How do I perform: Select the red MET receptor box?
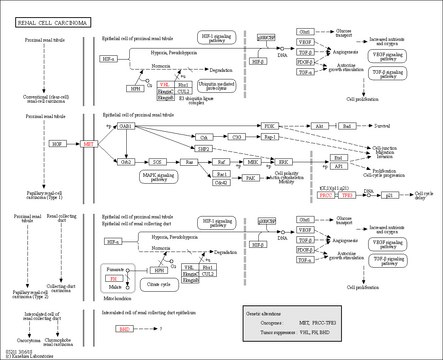pyautogui.click(x=88, y=144)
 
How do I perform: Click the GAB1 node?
pyautogui.click(x=126, y=127)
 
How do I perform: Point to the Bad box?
pyautogui.click(x=346, y=127)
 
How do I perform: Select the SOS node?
pyautogui.click(x=156, y=160)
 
